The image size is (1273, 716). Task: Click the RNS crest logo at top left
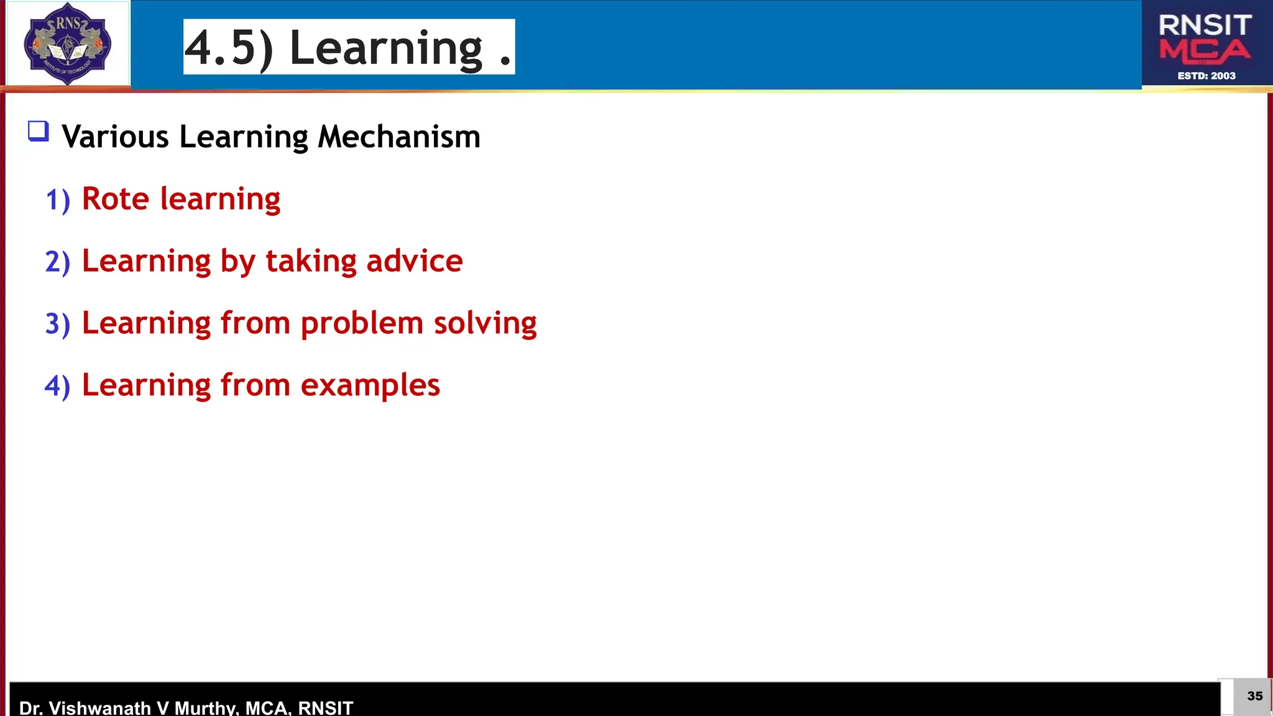pyautogui.click(x=67, y=44)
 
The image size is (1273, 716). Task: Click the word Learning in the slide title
pyautogui.click(x=385, y=48)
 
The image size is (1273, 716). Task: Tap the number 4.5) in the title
pyautogui.click(x=229, y=48)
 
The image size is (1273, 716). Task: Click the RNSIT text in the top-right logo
pyautogui.click(x=1205, y=25)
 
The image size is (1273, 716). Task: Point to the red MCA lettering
pyautogui.click(x=1205, y=51)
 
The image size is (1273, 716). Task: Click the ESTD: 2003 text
pyautogui.click(x=1206, y=76)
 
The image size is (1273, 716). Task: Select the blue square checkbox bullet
pyautogui.click(x=38, y=131)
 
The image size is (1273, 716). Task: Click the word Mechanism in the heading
pyautogui.click(x=398, y=136)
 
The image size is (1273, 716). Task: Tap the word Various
pyautogui.click(x=116, y=136)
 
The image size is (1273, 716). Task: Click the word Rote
pyautogui.click(x=116, y=199)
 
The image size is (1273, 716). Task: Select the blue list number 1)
pyautogui.click(x=58, y=200)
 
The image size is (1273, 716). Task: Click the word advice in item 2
pyautogui.click(x=414, y=261)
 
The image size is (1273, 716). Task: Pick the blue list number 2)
pyautogui.click(x=58, y=262)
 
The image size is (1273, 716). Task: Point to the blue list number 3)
pyautogui.click(x=58, y=324)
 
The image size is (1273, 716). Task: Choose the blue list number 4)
pyautogui.click(x=58, y=386)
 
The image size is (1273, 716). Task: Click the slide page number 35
pyautogui.click(x=1254, y=696)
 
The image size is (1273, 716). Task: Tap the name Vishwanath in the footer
pyautogui.click(x=99, y=707)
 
